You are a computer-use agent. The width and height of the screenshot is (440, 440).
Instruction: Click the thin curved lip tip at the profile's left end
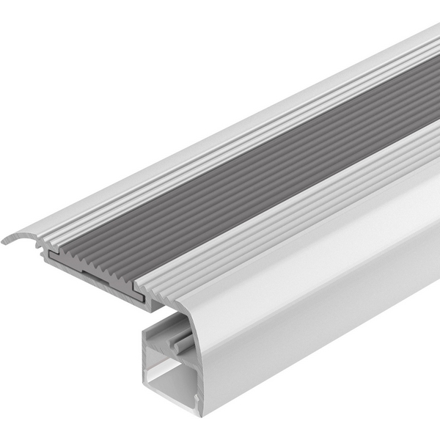[x=6, y=240]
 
